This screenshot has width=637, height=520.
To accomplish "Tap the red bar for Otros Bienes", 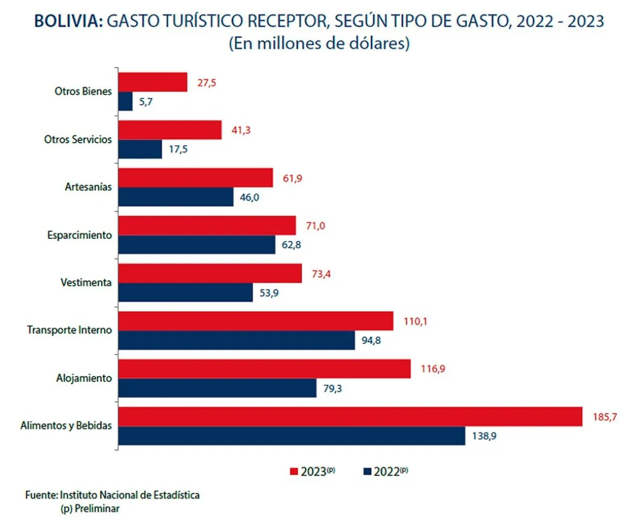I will [152, 82].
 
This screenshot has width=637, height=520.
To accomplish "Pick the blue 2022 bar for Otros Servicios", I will [140, 149].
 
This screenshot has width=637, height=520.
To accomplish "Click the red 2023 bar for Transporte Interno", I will [255, 321].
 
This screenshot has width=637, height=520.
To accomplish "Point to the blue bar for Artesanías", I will [175, 197].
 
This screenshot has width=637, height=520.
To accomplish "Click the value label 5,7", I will [147, 102].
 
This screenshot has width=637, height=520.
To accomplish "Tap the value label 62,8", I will [292, 245].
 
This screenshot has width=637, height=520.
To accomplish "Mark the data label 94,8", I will [371, 341].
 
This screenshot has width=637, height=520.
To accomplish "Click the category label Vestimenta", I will [86, 282].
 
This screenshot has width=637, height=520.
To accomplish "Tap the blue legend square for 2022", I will [367, 471].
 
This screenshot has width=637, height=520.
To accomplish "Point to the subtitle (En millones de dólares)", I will [318, 44].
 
